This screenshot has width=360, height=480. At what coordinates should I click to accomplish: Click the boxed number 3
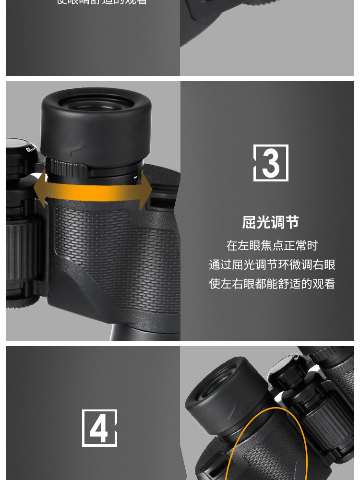click(271, 163)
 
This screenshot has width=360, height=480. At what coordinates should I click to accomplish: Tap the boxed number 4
click(99, 428)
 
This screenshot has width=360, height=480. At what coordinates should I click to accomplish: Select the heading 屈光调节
click(270, 222)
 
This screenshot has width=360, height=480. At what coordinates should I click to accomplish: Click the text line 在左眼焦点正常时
click(272, 246)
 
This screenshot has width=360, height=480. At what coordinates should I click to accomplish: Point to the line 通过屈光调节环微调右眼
click(272, 264)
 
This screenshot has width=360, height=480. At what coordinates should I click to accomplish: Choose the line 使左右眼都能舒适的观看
click(272, 284)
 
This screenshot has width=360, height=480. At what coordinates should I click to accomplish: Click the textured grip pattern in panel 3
click(110, 245)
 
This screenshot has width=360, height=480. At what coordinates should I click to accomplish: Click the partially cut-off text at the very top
click(102, 2)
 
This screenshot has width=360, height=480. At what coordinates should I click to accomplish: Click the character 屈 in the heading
click(249, 222)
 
